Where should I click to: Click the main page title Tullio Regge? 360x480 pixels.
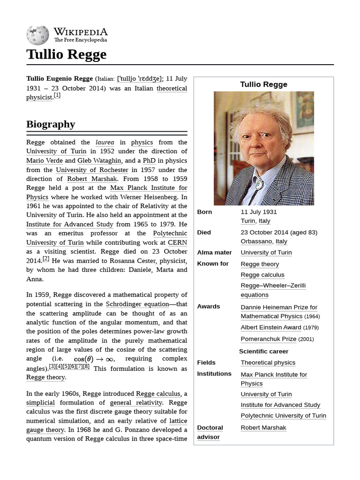(67, 54)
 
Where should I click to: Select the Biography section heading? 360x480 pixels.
(51, 124)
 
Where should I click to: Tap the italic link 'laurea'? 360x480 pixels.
(105, 142)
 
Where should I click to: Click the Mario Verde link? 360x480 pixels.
(45, 160)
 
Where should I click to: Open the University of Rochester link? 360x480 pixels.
(92, 170)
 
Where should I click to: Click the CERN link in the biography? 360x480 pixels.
(177, 242)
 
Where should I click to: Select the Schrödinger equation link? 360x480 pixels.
(137, 304)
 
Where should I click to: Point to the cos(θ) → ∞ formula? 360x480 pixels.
(94, 359)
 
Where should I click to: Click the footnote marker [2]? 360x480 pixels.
(45, 259)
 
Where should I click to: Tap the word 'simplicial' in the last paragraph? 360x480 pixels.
(40, 403)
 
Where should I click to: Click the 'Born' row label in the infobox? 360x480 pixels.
(204, 212)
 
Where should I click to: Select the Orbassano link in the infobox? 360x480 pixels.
(256, 241)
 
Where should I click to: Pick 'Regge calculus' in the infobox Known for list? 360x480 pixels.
(262, 275)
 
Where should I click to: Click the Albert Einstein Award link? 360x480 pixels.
(271, 328)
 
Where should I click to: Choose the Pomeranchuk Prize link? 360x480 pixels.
(269, 339)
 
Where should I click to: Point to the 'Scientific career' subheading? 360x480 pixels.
(263, 351)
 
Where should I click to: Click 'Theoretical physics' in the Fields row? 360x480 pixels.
(268, 362)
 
